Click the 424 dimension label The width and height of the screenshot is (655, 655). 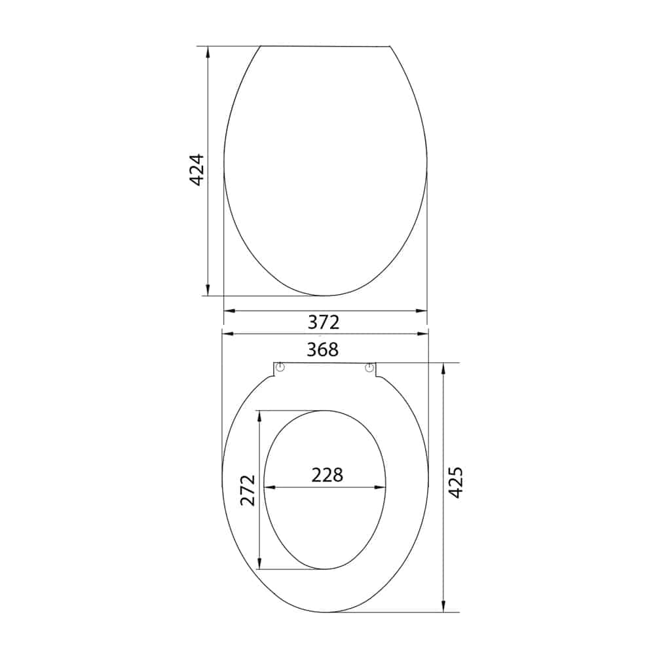pos(196,169)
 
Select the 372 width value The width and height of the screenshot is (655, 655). pos(324,322)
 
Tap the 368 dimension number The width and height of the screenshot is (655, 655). pos(322,350)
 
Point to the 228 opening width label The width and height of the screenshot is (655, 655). pos(327,475)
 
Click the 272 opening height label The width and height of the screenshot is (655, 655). pos(248,490)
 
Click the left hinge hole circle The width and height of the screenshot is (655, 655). pos(280,367)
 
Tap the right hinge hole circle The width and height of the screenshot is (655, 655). pos(369,367)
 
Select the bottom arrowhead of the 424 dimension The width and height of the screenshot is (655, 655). pos(208,290)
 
